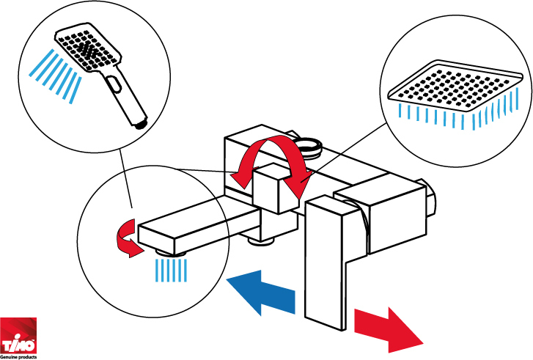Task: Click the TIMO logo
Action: (18, 336)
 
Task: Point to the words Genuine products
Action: (18, 357)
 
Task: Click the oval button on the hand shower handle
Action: (114, 84)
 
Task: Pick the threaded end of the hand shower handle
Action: (140, 123)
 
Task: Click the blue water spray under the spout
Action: (171, 271)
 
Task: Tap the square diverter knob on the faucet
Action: (276, 188)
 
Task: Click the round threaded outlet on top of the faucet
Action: (309, 147)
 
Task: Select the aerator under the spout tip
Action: (170, 253)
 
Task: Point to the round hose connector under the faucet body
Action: (261, 240)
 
